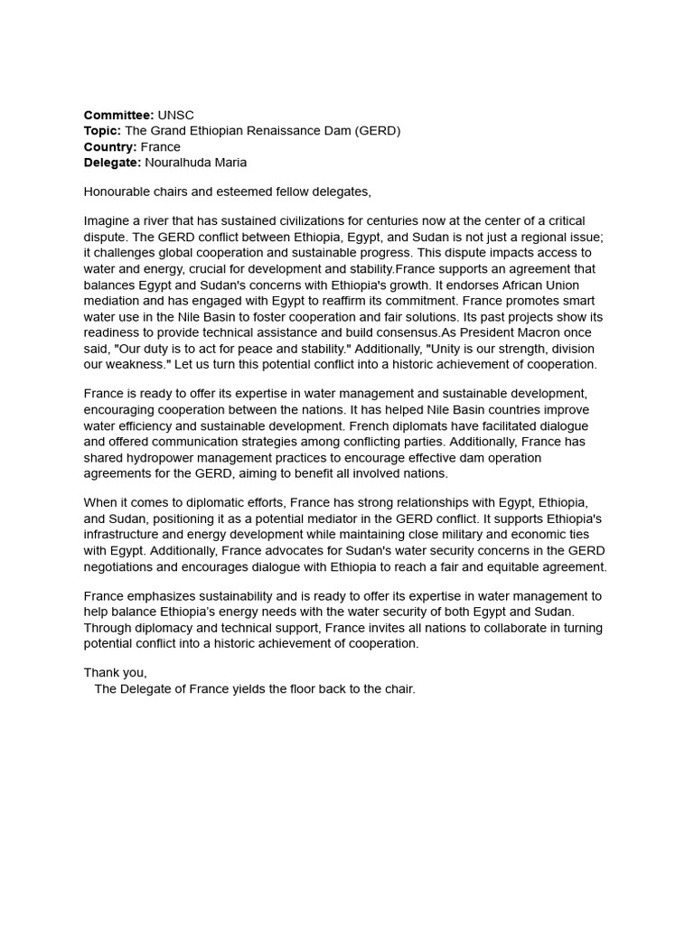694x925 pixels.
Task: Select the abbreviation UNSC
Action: (x=176, y=115)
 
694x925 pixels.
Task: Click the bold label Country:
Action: (x=110, y=146)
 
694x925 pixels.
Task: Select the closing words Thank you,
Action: (x=116, y=673)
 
